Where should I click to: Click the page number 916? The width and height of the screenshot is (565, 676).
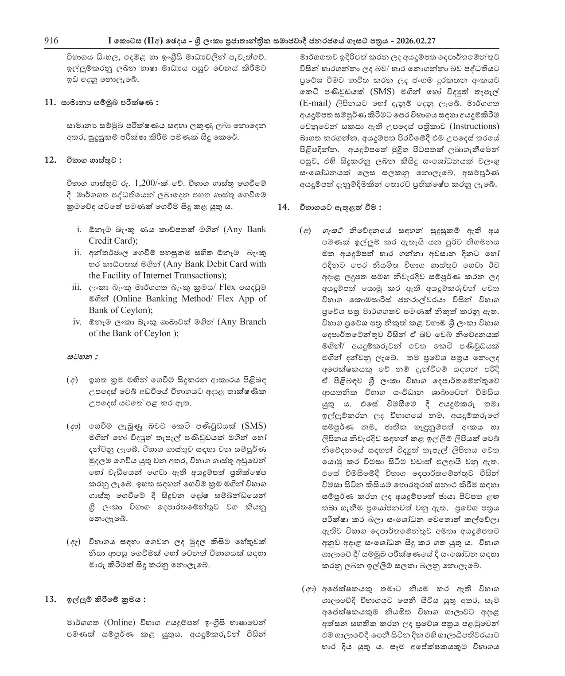51,41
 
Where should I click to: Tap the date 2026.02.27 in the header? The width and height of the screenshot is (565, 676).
414,41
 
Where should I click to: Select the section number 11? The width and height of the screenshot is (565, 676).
50,102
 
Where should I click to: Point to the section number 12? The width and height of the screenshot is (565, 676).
50,160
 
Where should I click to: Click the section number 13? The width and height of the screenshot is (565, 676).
50,600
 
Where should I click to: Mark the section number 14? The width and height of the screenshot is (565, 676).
283,207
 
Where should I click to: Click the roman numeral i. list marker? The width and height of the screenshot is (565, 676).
79,230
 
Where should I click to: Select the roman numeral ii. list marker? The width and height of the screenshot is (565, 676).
78,253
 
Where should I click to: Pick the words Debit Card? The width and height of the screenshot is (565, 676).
219,264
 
